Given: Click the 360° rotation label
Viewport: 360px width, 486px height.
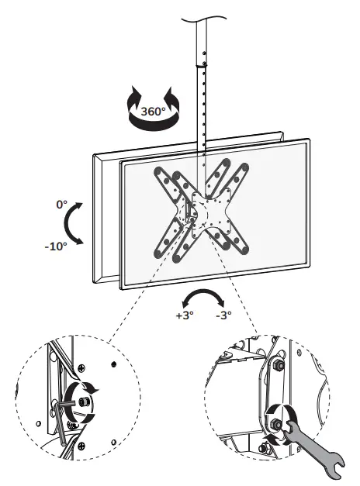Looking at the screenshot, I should pyautogui.click(x=154, y=111).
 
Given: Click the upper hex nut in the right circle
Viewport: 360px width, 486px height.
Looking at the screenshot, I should pyautogui.click(x=277, y=364).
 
